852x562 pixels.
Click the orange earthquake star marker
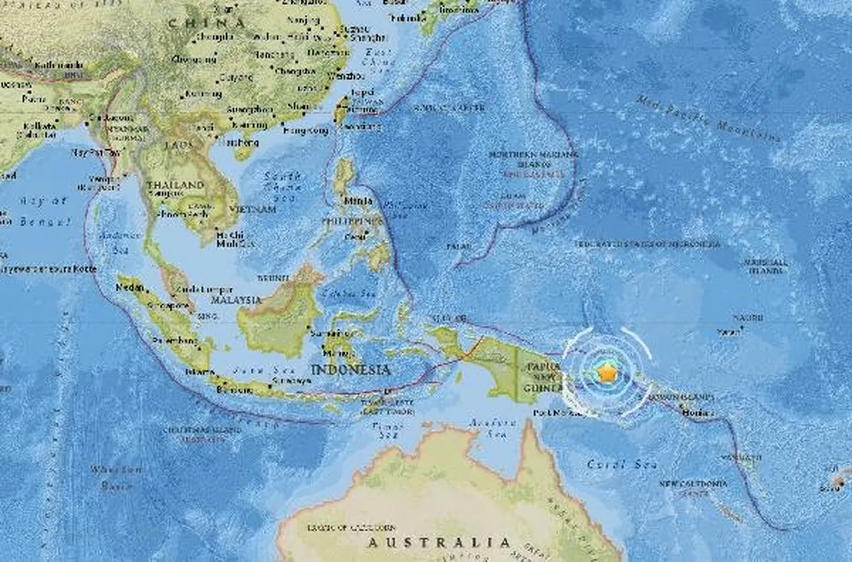pos(606,373)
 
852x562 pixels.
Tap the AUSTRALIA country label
pos(439,543)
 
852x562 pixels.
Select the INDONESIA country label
pos(350,370)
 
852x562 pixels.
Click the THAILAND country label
pos(175,184)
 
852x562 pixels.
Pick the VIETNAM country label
pos(254,209)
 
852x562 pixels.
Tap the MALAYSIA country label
pos(236,300)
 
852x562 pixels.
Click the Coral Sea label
pos(622,464)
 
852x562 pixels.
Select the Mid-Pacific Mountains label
pos(708,120)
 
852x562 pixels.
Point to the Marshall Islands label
pos(766,266)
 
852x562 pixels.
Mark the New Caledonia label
pos(694,485)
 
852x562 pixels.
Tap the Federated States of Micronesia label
pos(647,244)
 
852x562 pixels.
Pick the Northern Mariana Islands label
pos(522,160)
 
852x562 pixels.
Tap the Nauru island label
pos(748,318)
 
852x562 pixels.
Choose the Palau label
pos(459,247)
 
